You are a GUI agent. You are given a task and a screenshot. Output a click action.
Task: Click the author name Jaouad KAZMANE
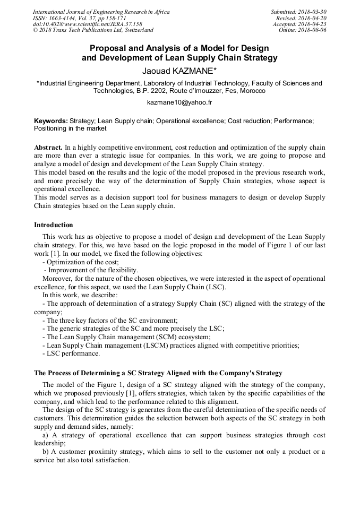(179, 70)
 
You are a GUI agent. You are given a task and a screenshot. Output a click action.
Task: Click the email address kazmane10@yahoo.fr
(179, 102)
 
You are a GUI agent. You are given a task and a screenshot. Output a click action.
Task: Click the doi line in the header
(88, 24)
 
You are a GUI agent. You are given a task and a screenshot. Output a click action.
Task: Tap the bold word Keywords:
(51, 121)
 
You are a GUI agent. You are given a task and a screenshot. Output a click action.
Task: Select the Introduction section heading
(54, 225)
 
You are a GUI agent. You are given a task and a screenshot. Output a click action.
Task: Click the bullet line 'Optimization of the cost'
(82, 262)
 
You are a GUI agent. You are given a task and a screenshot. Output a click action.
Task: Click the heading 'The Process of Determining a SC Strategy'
(158, 373)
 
